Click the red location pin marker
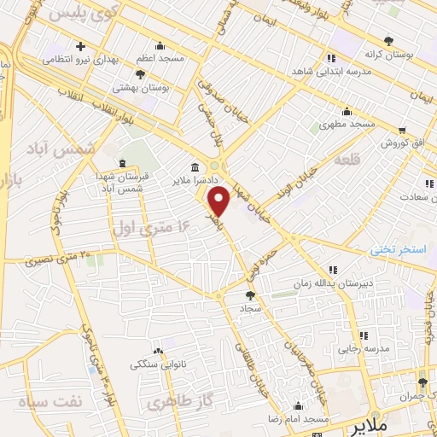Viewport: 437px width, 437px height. tap(219, 201)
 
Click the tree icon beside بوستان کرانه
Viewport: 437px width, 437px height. tap(389, 41)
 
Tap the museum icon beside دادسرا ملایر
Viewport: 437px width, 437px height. tap(196, 167)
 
